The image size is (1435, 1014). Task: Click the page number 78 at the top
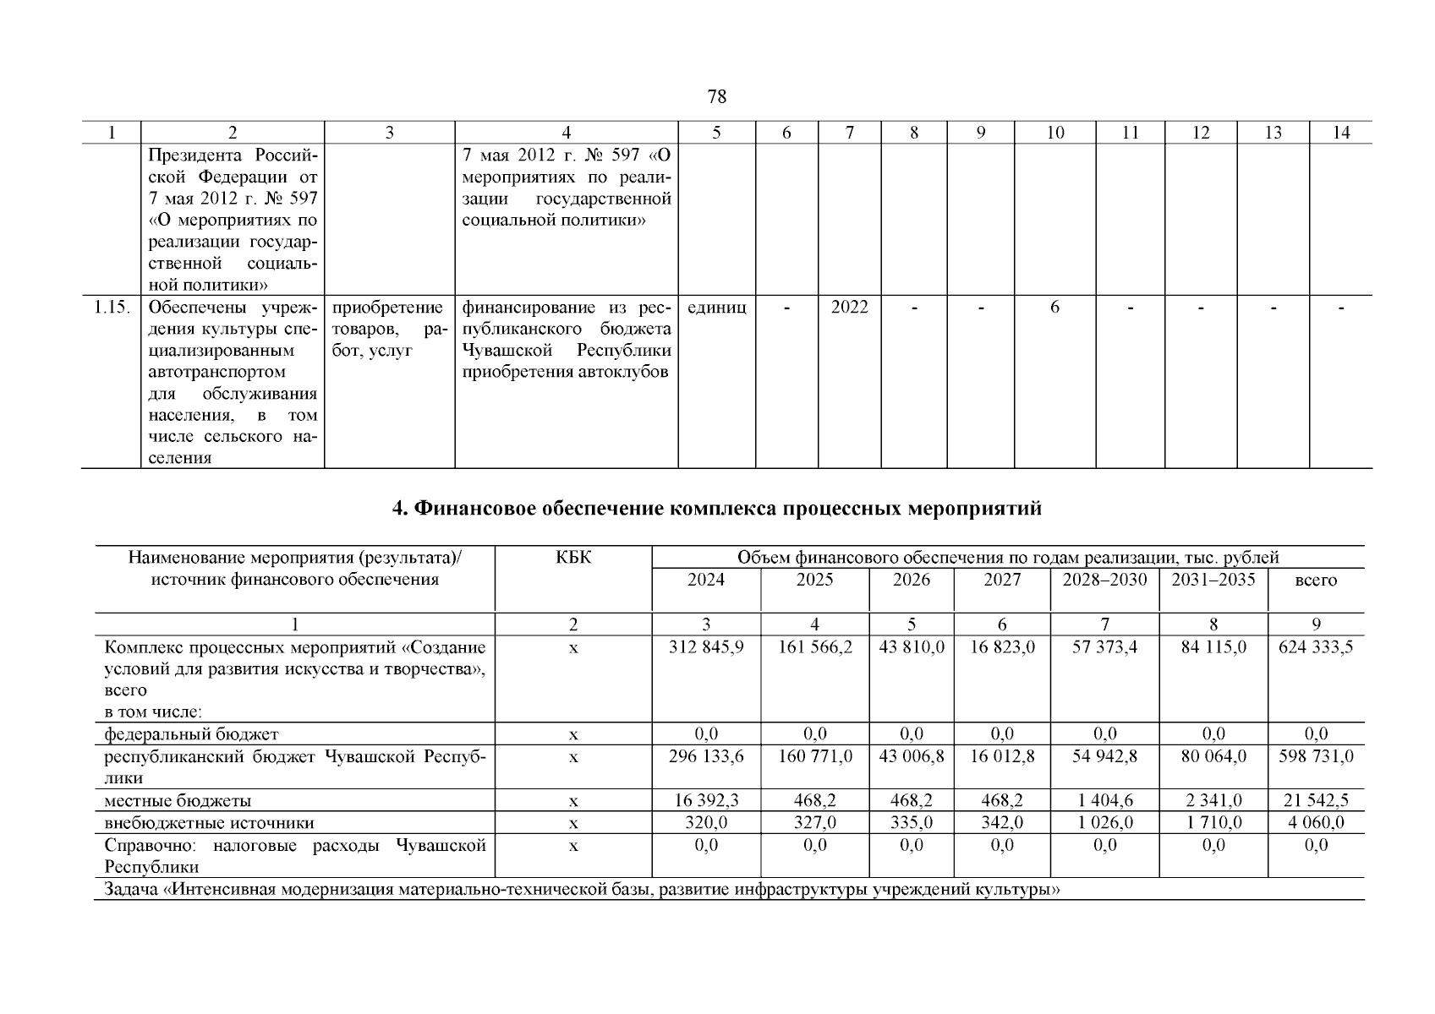716,97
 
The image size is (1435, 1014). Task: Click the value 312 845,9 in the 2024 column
706,648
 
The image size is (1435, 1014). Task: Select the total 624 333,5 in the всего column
1316,648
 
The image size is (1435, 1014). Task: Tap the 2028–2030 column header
1104,580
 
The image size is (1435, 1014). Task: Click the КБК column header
573,558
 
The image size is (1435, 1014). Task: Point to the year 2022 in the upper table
849,308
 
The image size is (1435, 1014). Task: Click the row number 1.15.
111,308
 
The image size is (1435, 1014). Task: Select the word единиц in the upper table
716,308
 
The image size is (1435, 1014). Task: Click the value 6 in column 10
1054,308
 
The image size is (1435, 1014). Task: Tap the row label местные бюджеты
178,800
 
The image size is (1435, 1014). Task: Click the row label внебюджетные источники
209,823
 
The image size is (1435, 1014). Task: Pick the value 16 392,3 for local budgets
706,800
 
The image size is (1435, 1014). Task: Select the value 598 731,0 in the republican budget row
1316,756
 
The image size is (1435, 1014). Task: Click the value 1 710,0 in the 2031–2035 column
1213,823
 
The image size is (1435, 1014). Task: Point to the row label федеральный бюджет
191,734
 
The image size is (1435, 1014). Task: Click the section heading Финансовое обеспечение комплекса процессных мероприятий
716,509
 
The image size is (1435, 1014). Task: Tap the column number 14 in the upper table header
1340,133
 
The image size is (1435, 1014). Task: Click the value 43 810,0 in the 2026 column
912,648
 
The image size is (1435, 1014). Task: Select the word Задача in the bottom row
130,889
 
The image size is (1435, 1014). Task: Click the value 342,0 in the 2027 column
1002,823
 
